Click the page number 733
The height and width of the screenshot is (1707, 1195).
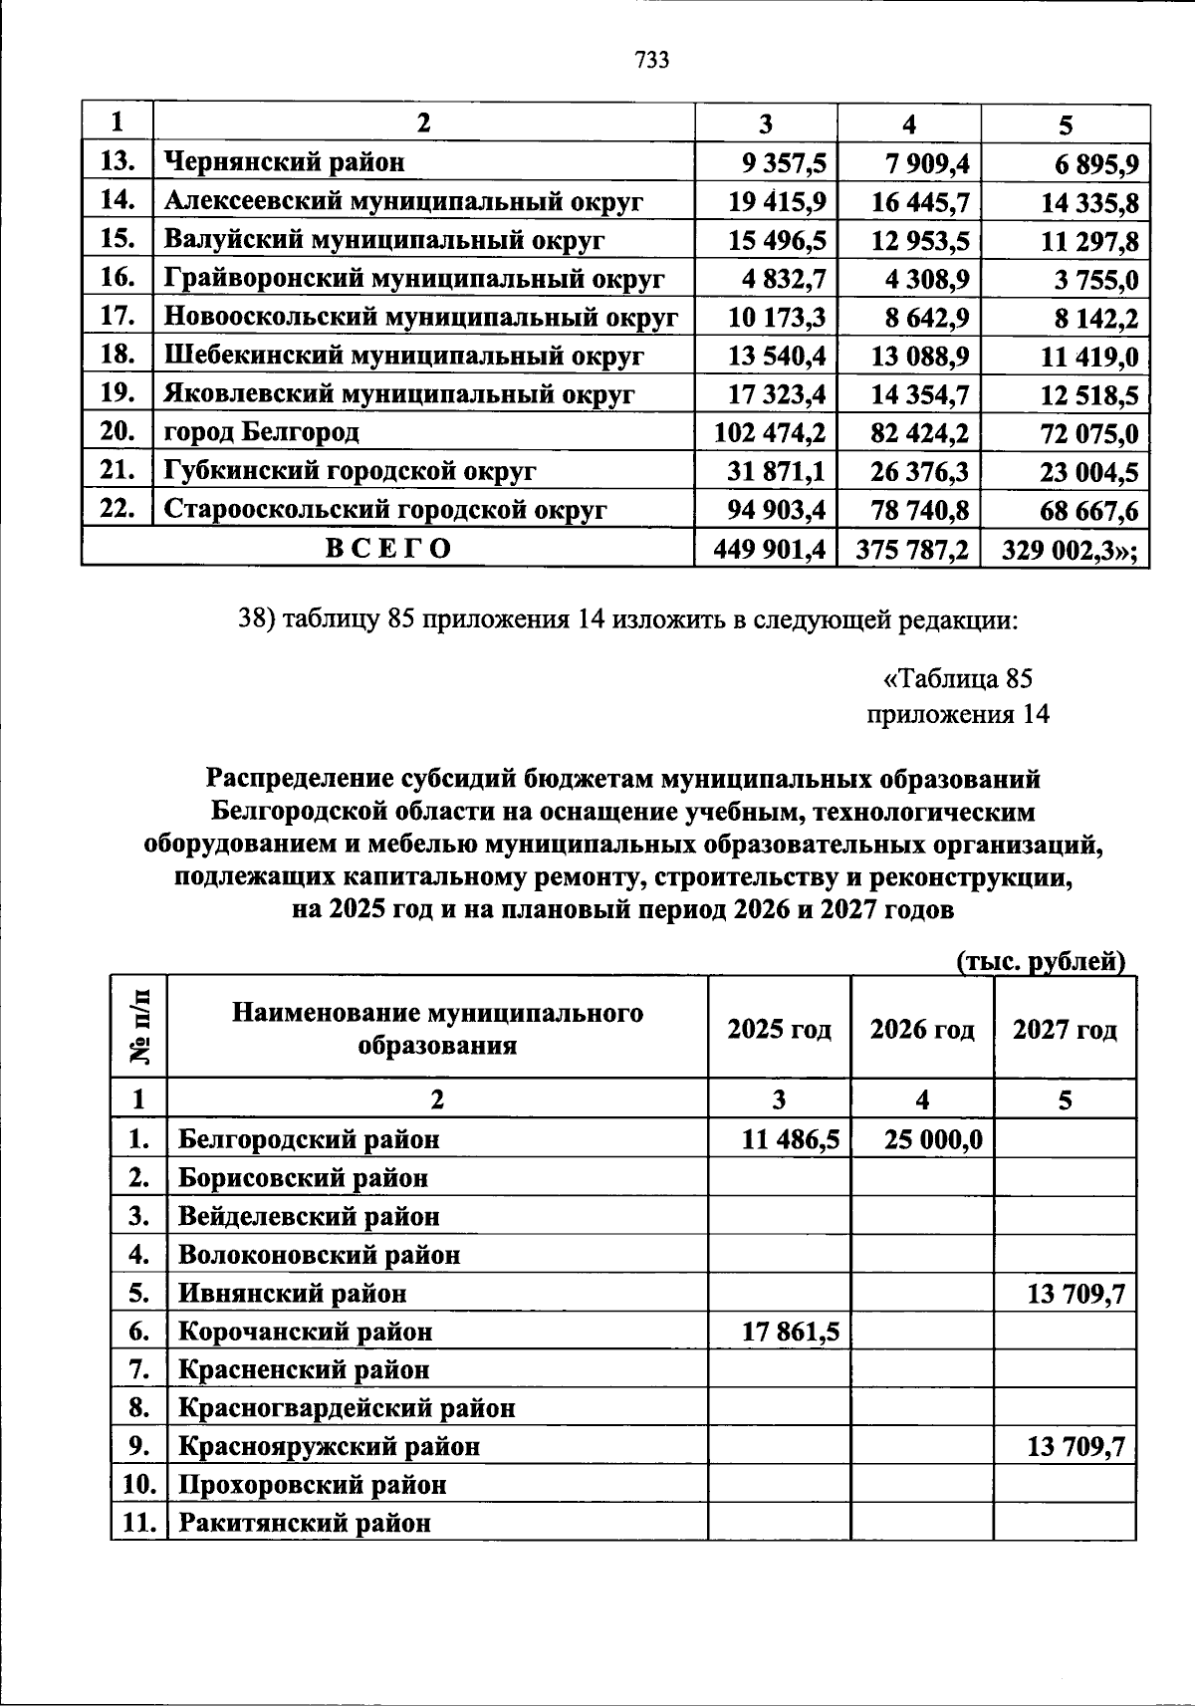tap(651, 61)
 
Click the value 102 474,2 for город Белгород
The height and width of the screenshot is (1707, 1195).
tap(770, 433)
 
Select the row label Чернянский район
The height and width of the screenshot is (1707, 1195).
tap(284, 161)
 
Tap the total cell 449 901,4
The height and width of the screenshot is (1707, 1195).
tap(770, 549)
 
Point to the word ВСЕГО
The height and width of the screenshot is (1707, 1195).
tap(388, 549)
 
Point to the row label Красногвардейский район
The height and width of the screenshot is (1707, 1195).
tap(347, 1409)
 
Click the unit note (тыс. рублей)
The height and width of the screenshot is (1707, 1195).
tap(1041, 962)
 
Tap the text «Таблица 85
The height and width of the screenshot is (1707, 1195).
tap(958, 679)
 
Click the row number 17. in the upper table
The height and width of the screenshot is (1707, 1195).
tap(118, 317)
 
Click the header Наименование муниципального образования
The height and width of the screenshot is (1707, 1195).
tap(437, 1029)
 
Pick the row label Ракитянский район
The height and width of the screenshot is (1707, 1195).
tap(305, 1524)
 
